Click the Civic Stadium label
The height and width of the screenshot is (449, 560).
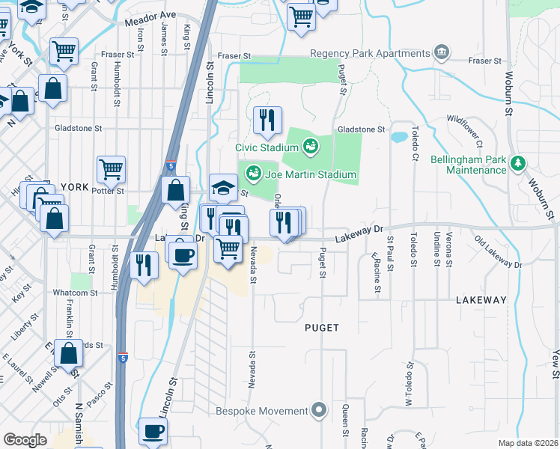267,147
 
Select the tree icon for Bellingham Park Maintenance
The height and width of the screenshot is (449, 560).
517,163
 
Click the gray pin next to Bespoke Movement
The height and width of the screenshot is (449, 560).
320,410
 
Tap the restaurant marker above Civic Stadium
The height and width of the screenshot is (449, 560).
267,120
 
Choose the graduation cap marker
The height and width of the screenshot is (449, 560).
223,188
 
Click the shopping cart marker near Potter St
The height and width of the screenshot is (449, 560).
111,169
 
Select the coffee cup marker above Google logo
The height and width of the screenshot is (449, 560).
153,432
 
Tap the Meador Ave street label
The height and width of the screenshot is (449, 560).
150,18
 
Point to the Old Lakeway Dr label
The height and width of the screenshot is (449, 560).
498,252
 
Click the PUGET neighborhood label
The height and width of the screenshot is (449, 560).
322,328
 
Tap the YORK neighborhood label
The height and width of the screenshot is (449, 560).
74,186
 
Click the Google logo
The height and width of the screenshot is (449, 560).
25,439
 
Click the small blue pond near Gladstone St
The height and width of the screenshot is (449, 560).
399,138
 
